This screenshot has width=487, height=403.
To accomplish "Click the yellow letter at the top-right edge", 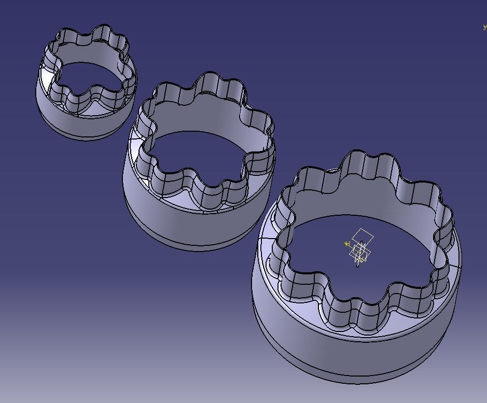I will click(484, 27).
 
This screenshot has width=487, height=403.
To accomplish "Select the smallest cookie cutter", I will click(86, 83).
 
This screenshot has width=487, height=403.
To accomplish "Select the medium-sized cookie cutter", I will click(200, 161).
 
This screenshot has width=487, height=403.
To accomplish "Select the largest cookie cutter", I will click(358, 270).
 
